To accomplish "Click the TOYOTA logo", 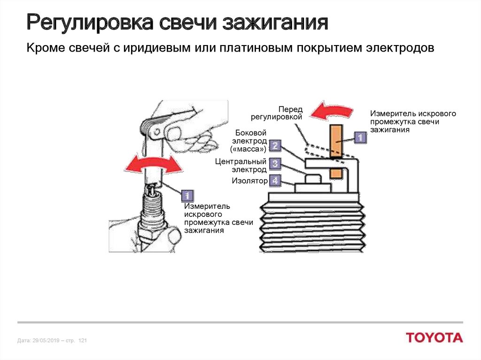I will click(x=434, y=337).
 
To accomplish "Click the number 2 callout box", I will click(x=275, y=146).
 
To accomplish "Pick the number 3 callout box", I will click(x=275, y=163).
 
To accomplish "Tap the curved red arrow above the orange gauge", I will click(x=333, y=111).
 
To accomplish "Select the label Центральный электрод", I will click(x=241, y=165).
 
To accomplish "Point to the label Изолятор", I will click(x=249, y=181).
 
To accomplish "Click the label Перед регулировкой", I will click(x=282, y=113).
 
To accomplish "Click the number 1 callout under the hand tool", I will click(x=187, y=196).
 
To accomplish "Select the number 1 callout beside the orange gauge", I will click(x=359, y=138).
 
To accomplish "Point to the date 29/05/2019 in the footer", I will click(x=45, y=340).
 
